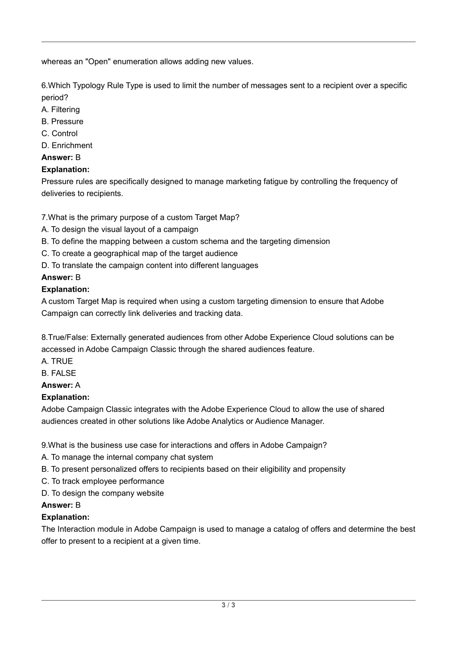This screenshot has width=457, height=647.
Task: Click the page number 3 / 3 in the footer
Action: (228, 605)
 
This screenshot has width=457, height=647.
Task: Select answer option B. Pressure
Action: (62, 122)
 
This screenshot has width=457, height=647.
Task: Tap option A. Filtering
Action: (61, 109)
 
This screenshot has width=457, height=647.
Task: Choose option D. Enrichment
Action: (67, 145)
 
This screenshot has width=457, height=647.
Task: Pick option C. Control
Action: (59, 133)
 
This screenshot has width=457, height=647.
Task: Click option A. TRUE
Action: (57, 361)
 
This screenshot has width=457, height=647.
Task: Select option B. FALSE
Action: (59, 373)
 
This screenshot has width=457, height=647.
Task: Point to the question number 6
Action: (44, 85)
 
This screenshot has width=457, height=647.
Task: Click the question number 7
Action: (44, 217)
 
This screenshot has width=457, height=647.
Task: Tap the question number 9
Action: (44, 445)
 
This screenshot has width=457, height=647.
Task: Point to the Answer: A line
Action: (61, 385)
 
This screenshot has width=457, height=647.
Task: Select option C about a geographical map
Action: (139, 253)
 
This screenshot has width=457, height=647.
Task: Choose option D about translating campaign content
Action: (150, 265)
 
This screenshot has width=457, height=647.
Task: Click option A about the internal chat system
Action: (127, 457)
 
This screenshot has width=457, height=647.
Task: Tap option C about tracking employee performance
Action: (103, 481)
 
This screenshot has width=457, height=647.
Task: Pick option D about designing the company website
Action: (103, 493)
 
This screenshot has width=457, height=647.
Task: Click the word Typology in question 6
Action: (89, 85)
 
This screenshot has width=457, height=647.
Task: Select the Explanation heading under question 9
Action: (66, 517)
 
